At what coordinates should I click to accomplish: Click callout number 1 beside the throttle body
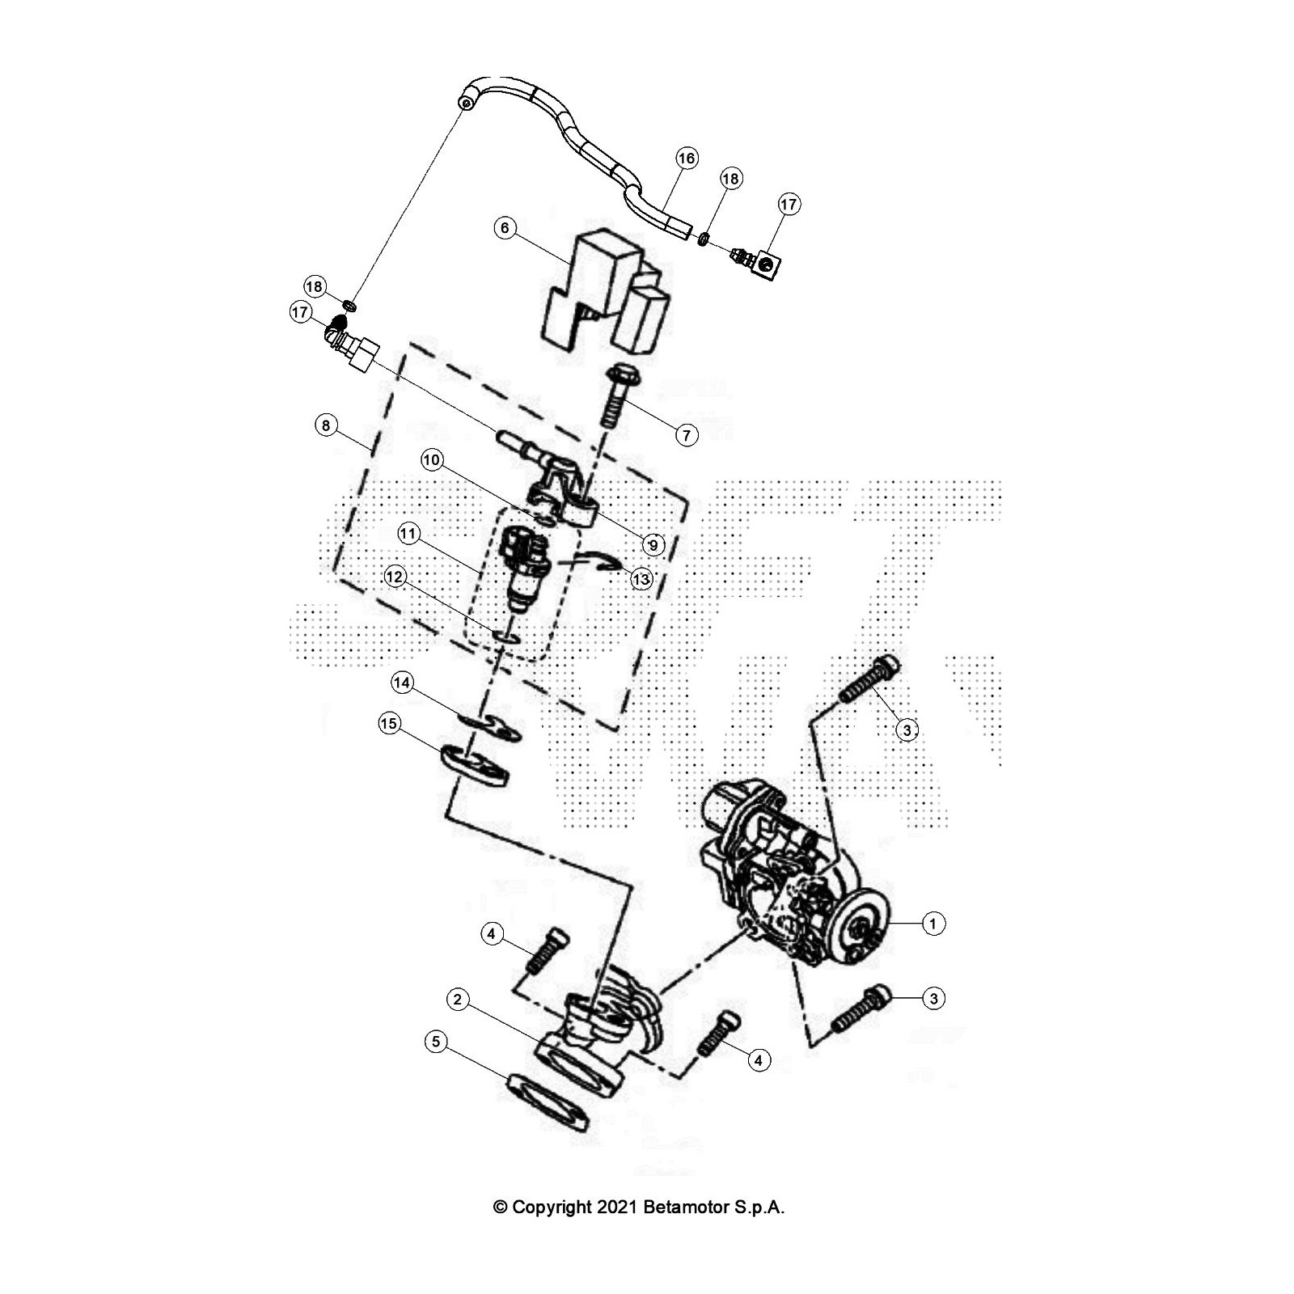pos(933,923)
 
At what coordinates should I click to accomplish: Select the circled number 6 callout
pos(505,228)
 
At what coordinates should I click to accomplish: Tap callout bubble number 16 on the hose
pos(687,158)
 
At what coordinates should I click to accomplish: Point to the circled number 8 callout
pos(326,425)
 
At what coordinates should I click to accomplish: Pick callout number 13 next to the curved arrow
pos(641,579)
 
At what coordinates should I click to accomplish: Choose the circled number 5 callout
pos(436,1041)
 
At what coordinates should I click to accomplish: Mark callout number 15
pos(389,723)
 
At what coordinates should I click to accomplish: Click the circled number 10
pos(432,461)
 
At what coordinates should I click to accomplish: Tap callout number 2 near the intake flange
pos(458,1000)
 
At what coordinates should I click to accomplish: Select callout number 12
pos(395,577)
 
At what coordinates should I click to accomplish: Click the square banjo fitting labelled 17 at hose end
pos(763,264)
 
